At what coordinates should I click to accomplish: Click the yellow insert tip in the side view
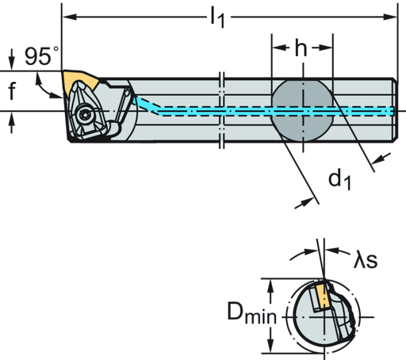79,79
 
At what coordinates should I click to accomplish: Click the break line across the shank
223,111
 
